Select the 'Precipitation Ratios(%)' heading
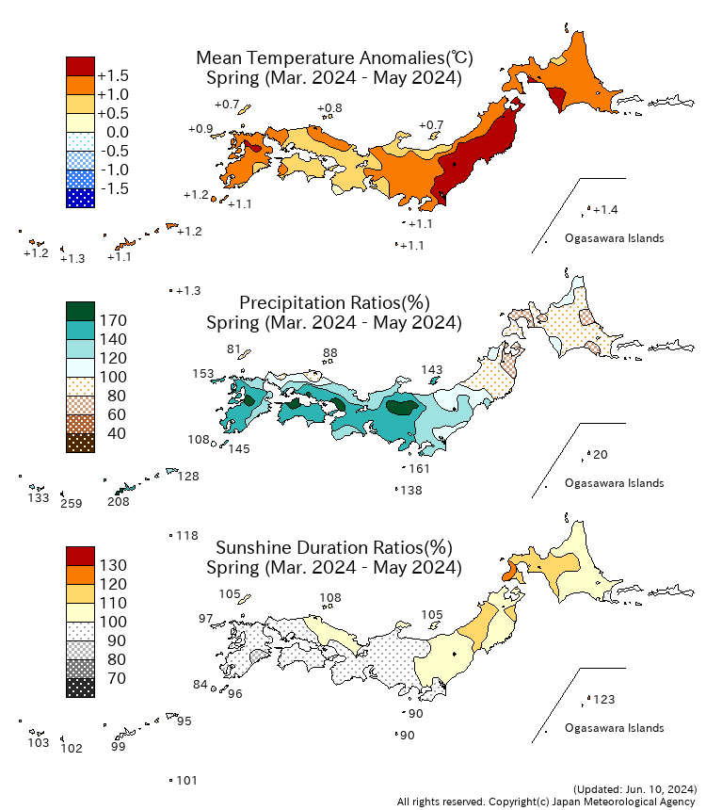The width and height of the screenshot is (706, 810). click(x=334, y=303)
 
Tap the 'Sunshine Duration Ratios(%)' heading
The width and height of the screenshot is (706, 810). click(x=334, y=547)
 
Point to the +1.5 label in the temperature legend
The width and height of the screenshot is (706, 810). click(x=114, y=75)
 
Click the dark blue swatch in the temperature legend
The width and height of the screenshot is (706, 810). click(x=80, y=198)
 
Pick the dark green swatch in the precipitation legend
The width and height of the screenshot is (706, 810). click(x=80, y=311)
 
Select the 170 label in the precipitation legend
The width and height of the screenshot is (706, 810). click(x=112, y=320)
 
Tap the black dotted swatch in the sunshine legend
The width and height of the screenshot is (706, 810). click(x=80, y=688)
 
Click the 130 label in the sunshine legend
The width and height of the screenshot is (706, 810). click(x=112, y=565)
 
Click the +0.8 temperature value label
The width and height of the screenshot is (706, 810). click(x=330, y=109)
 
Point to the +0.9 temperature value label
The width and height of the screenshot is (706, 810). click(x=200, y=129)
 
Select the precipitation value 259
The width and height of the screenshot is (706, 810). click(x=72, y=504)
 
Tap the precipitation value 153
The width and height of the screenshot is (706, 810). click(x=203, y=374)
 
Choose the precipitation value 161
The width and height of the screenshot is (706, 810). click(x=419, y=469)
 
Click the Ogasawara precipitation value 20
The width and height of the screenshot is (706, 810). click(x=602, y=455)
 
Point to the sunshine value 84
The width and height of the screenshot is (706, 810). click(x=200, y=685)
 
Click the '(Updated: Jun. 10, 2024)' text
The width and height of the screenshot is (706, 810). click(x=634, y=788)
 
